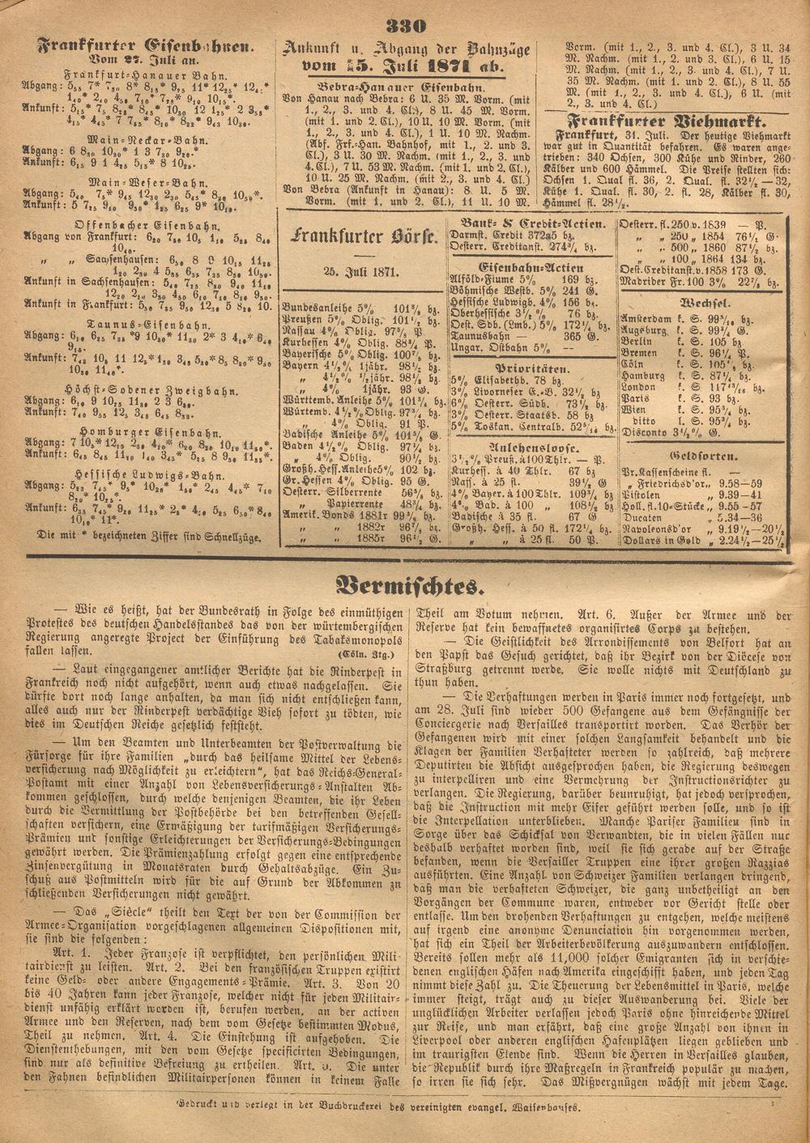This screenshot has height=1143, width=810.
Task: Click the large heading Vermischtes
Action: point(404,584)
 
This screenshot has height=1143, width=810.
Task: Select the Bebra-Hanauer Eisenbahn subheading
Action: point(403,87)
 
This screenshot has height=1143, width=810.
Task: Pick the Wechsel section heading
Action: point(701,300)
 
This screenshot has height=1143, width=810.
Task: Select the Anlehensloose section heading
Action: point(532,446)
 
